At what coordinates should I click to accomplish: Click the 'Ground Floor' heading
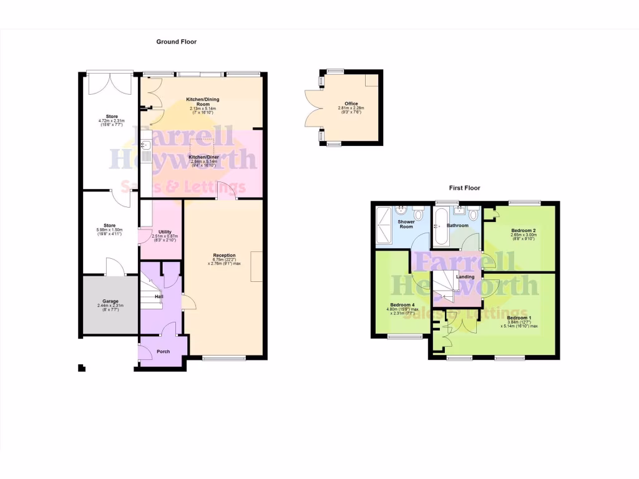point(177,42)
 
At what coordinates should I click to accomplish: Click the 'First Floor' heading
point(464,188)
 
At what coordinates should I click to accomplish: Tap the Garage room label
point(110,301)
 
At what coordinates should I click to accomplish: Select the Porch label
point(163,352)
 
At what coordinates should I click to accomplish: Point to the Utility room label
point(165,231)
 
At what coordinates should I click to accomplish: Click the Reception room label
point(224,255)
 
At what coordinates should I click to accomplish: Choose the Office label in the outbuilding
point(351,104)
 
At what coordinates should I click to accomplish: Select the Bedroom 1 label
point(519,317)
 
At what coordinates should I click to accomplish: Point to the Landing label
point(465,277)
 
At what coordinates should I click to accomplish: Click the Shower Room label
point(406,224)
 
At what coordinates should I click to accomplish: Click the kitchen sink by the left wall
point(145,150)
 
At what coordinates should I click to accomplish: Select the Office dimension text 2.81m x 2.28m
point(351,109)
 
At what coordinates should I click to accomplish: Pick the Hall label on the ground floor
point(159,297)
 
